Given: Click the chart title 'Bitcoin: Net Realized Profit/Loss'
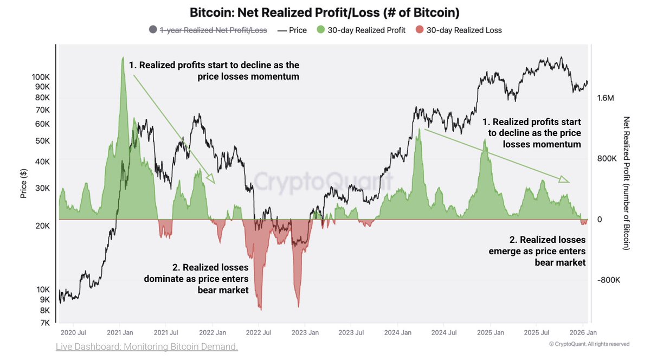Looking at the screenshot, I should [324, 12].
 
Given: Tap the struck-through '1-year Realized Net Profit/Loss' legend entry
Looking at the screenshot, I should [212, 30].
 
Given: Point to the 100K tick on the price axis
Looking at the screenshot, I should [41, 78].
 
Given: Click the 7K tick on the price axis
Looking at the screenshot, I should [44, 323].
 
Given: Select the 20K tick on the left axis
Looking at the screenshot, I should [42, 226].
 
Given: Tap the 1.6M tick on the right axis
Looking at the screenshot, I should [606, 98].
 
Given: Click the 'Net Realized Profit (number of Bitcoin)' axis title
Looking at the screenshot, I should [627, 183].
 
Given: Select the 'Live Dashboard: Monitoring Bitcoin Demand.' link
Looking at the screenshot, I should [147, 346].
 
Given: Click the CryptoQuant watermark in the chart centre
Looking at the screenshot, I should [324, 181].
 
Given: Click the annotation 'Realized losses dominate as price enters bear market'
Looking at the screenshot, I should [196, 279].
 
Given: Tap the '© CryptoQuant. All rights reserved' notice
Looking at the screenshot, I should [589, 344].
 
